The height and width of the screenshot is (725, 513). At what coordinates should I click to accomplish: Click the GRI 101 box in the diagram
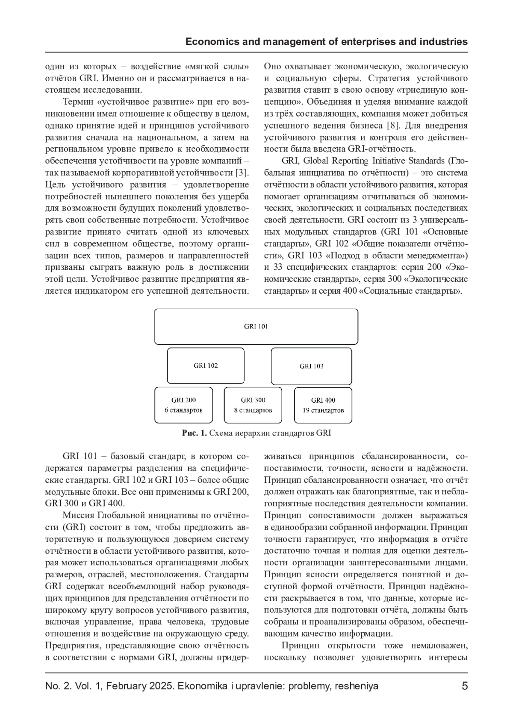point(256,326)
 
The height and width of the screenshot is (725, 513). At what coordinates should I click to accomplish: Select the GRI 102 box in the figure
point(206,365)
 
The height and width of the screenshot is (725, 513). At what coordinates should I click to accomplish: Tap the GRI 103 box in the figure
point(311,366)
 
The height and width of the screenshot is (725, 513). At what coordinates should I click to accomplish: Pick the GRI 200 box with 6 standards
point(183,405)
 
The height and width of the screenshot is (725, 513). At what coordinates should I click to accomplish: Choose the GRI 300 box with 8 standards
point(253,405)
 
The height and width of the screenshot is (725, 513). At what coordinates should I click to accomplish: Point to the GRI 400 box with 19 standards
point(323,405)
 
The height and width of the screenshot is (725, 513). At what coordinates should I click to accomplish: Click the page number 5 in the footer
point(465,686)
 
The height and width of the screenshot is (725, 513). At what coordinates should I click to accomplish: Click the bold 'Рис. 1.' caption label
point(195,433)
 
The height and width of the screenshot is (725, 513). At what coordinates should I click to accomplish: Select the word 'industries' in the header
point(445,42)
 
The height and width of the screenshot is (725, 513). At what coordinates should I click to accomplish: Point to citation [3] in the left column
point(242,172)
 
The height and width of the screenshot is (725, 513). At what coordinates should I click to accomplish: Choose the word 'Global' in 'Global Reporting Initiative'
point(315,161)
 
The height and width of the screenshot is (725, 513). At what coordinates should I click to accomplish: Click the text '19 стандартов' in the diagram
point(323,410)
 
